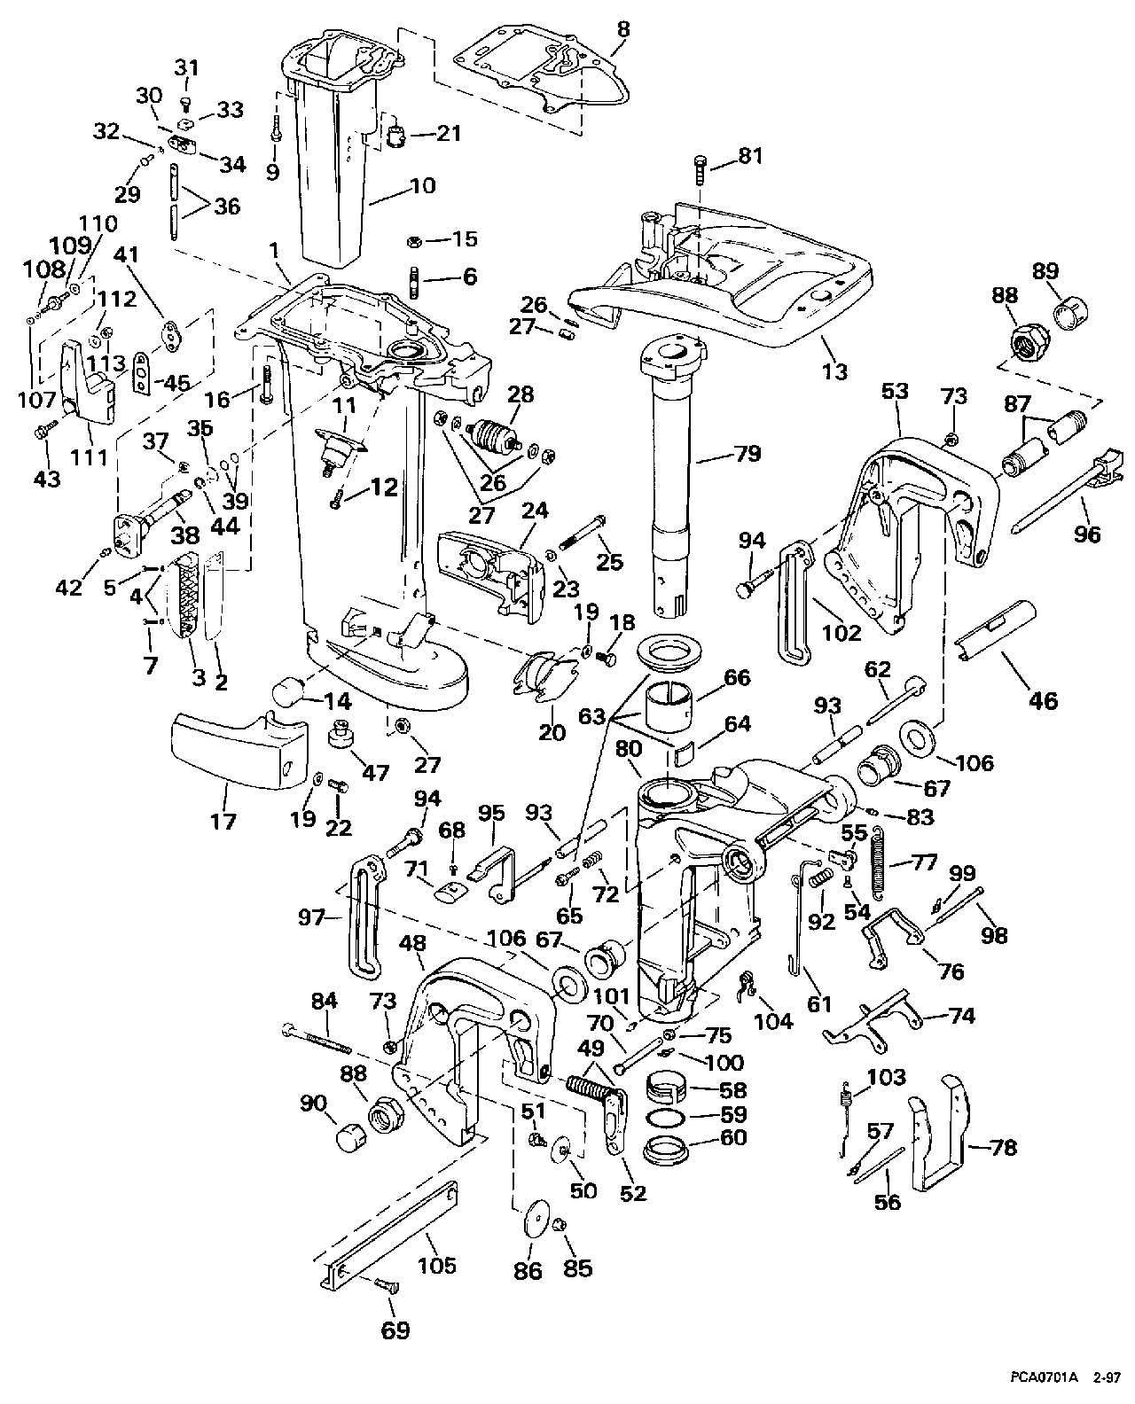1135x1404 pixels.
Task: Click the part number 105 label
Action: [x=436, y=1265]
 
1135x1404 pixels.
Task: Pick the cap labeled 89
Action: [x=1071, y=312]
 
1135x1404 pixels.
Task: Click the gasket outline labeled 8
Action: [x=541, y=77]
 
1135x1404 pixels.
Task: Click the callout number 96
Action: [x=1086, y=534]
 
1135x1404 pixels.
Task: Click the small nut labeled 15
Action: [x=412, y=240]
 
